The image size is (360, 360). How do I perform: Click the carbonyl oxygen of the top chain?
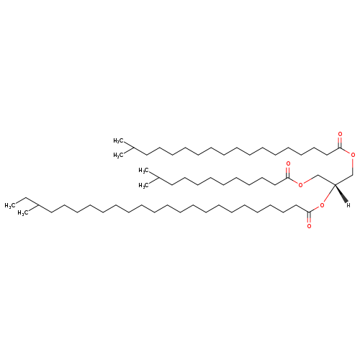[x=340, y=134]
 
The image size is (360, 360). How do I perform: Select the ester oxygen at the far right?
[x=353, y=155]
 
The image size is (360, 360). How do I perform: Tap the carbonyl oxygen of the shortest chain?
[x=288, y=164]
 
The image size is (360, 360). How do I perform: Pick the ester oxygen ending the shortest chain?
[x=300, y=185]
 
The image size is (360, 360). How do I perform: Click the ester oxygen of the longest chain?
[x=322, y=205]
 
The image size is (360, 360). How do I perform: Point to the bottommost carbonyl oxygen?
[x=309, y=226]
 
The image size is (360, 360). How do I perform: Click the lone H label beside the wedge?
[x=348, y=205]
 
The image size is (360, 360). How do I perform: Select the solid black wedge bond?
[x=341, y=193]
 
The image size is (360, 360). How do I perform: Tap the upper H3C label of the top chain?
[x=118, y=141]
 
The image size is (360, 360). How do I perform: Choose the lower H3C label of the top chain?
[x=118, y=156]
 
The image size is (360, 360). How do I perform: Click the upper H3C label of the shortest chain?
[x=143, y=171]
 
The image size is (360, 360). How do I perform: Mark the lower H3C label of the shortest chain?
[x=143, y=186]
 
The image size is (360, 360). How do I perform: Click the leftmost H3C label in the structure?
[x=9, y=205]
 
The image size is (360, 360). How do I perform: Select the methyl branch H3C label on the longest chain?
[x=22, y=213]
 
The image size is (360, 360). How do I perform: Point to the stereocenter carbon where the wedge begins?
[x=335, y=184]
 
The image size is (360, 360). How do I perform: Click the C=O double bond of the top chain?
[x=340, y=143]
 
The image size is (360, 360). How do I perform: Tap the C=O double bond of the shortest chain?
[x=288, y=172]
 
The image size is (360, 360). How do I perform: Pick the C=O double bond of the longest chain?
[x=309, y=217]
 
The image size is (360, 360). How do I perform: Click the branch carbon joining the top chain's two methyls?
[x=133, y=148]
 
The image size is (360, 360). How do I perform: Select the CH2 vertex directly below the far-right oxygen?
[x=353, y=174]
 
